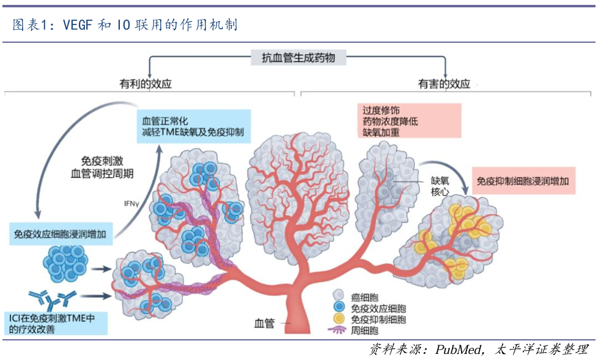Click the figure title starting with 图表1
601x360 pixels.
click(125, 25)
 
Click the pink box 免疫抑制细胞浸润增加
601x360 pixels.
click(525, 181)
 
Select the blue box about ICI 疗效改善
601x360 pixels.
click(56, 323)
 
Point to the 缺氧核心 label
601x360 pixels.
click(441, 186)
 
